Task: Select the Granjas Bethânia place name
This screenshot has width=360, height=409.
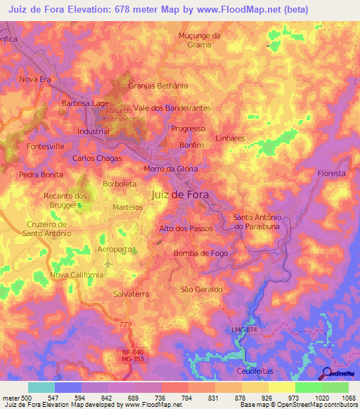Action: coord(158,86)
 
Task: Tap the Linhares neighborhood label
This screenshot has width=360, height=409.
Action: coord(231,138)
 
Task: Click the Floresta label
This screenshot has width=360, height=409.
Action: coord(331,173)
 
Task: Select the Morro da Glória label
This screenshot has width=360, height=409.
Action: coord(171,169)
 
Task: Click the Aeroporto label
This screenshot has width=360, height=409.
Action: coord(114,249)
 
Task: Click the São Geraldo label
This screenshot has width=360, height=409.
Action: coord(202,289)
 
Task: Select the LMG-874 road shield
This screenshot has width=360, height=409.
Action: coord(243,330)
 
